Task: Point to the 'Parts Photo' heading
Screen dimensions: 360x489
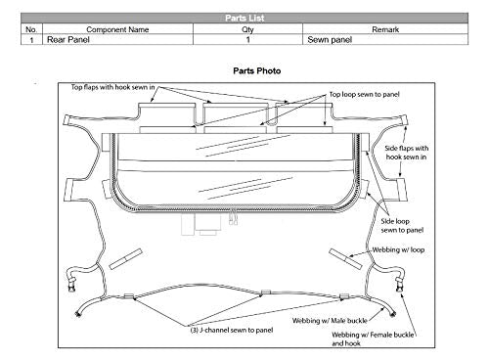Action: [x=258, y=71]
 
